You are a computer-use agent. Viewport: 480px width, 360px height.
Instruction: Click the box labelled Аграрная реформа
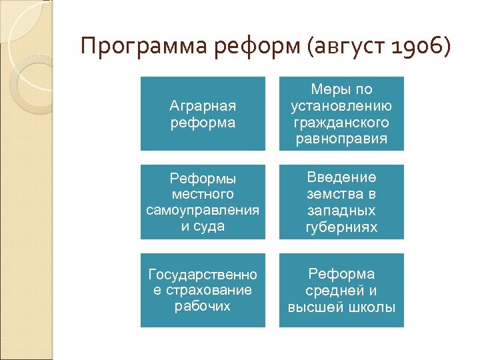click(203, 113)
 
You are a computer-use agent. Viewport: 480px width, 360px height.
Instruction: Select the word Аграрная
click(203, 106)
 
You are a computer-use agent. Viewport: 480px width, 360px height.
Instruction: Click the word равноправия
click(341, 139)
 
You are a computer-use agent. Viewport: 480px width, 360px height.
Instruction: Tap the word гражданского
click(341, 123)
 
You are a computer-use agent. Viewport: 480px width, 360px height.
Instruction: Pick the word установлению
click(341, 106)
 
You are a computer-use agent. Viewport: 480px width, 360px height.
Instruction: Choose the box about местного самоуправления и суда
click(203, 201)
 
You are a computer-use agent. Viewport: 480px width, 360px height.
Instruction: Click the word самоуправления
click(203, 210)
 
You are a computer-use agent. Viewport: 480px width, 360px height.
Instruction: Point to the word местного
click(203, 194)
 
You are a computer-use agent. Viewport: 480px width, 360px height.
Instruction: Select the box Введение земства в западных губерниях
click(341, 201)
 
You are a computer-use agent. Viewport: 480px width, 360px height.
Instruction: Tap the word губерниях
click(341, 227)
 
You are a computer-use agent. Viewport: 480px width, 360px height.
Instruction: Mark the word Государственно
click(203, 274)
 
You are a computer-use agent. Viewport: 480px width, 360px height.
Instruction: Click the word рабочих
click(203, 306)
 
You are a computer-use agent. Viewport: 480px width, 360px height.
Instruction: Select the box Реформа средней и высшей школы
click(341, 290)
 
